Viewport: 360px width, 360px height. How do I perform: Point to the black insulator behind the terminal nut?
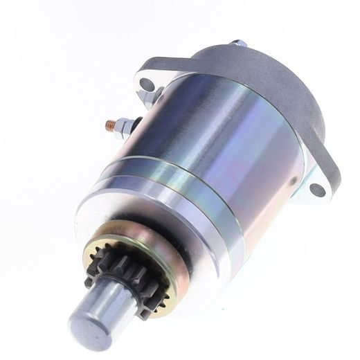(136, 123)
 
